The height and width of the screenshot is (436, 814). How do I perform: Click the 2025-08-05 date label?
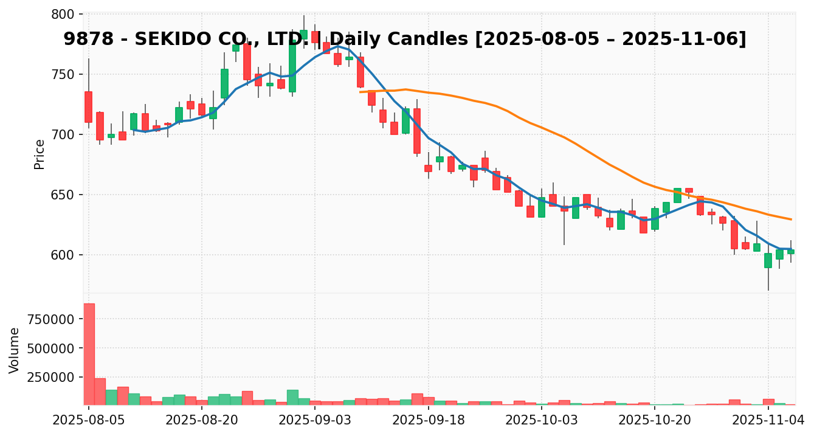pyautogui.click(x=89, y=420)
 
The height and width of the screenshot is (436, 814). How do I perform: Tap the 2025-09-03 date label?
pyautogui.click(x=315, y=420)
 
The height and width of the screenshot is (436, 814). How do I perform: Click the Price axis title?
pyautogui.click(x=40, y=154)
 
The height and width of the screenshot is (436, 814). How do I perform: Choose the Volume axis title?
pyautogui.click(x=15, y=350)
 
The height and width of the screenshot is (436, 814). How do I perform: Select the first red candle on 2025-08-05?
pyautogui.click(x=89, y=107)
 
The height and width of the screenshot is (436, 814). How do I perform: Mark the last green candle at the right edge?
pyautogui.click(x=791, y=251)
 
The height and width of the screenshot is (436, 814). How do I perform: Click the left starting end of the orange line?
pyautogui.click(x=360, y=92)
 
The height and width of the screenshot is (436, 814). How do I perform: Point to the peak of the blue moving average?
pyautogui.click(x=338, y=46)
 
